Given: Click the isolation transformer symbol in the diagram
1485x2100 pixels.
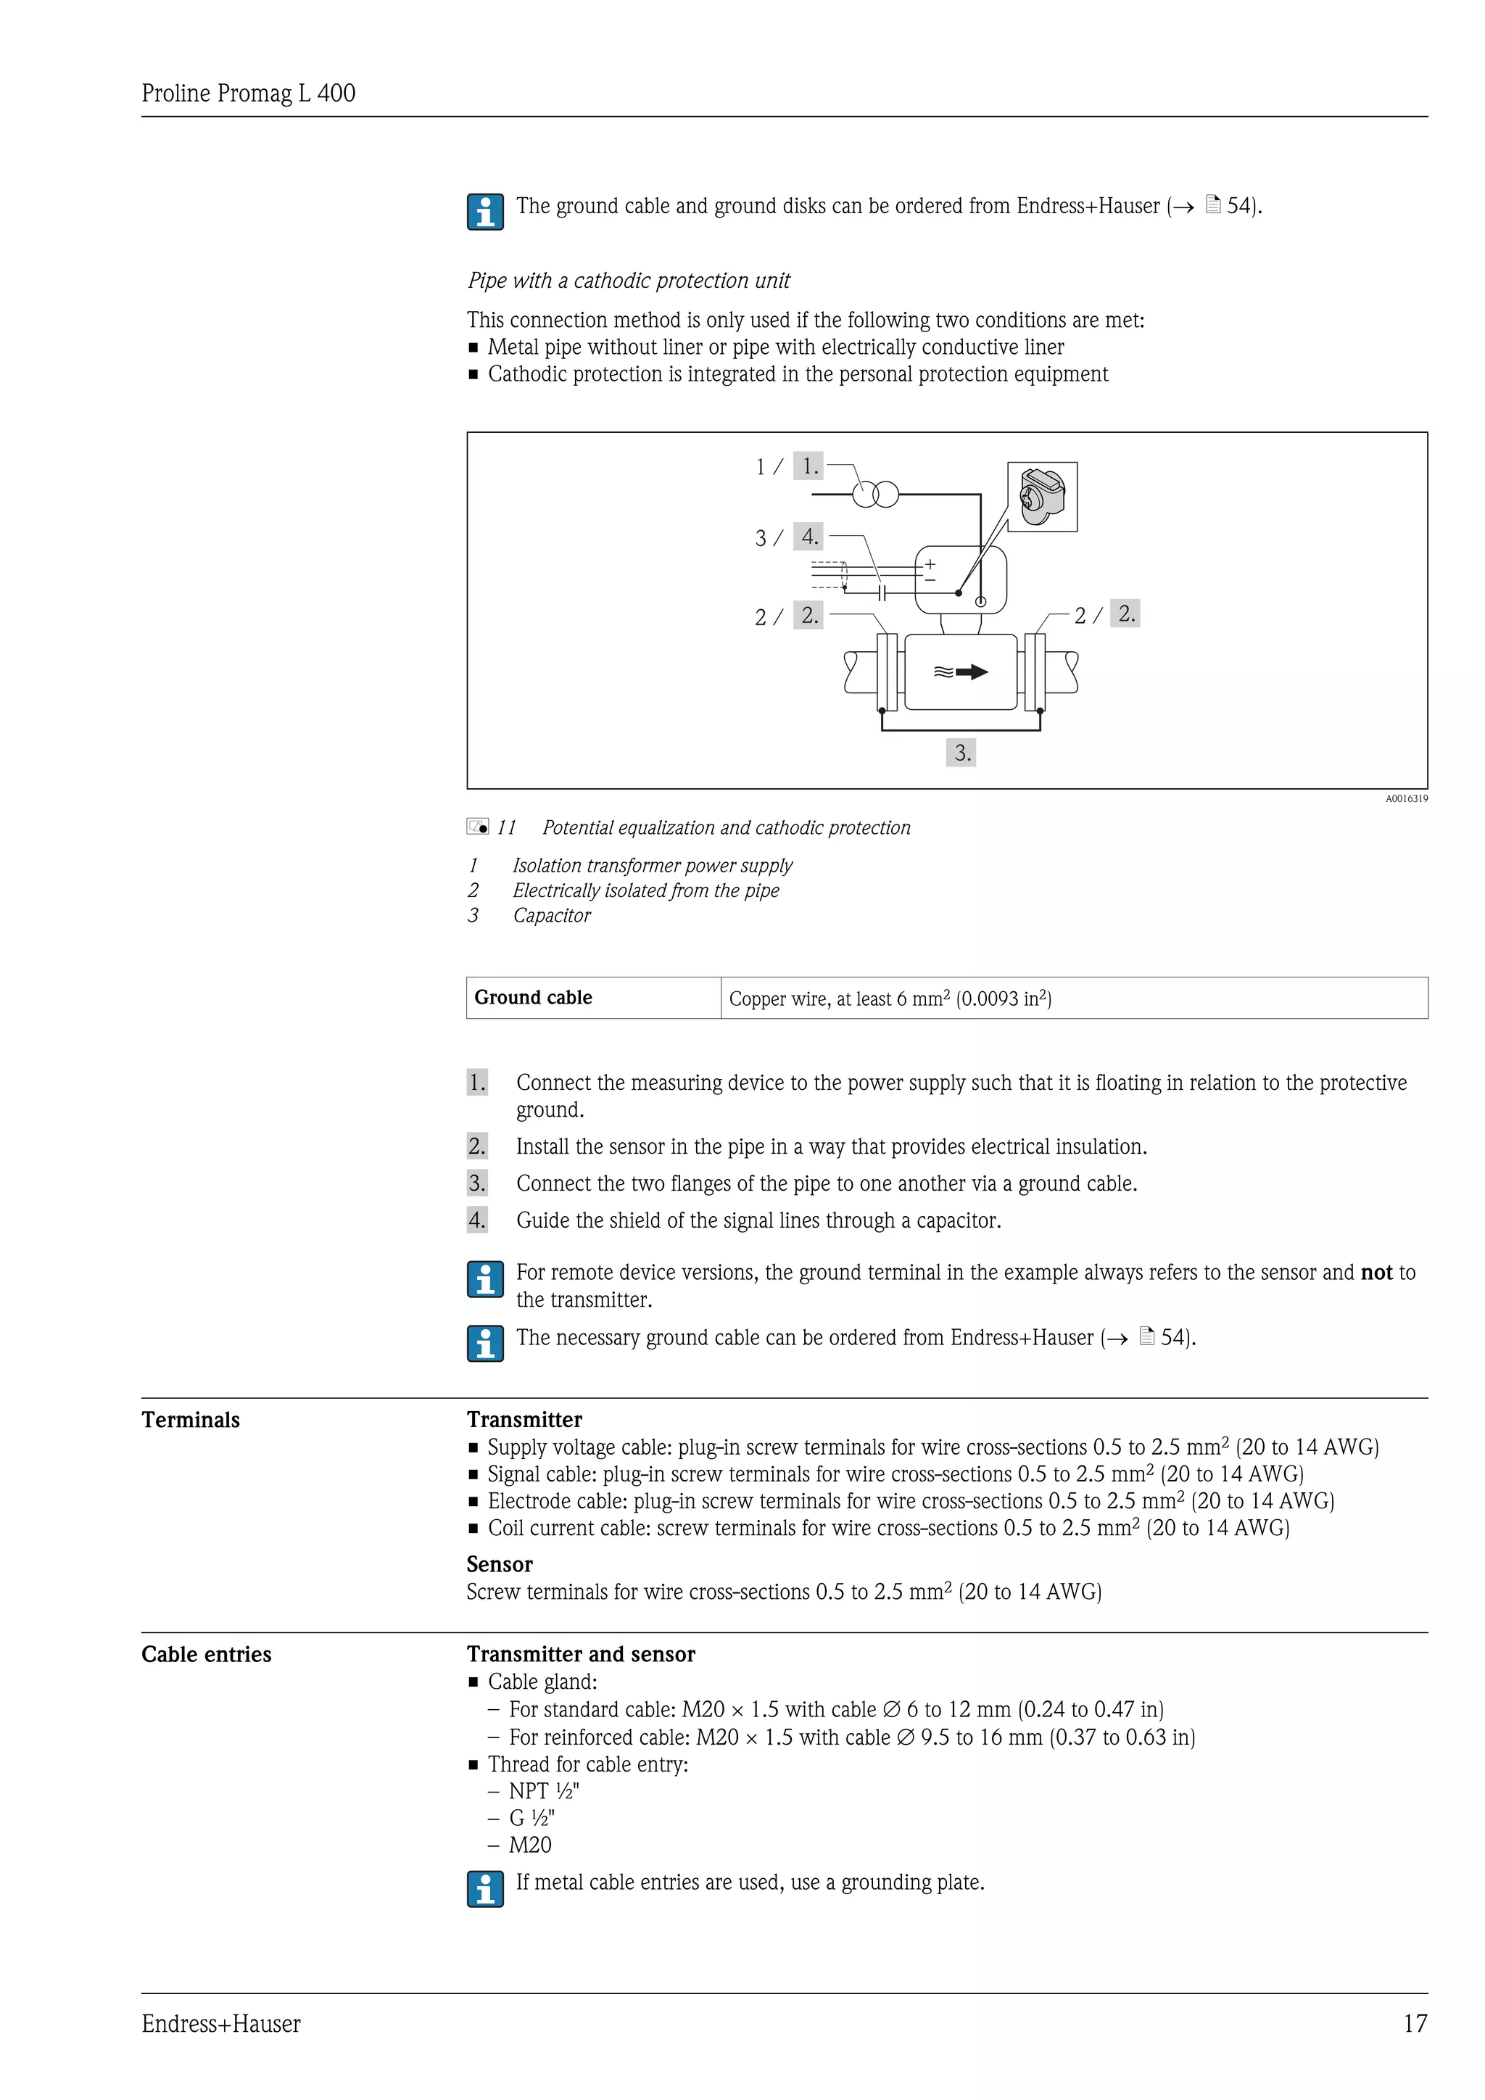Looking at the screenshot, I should [875, 495].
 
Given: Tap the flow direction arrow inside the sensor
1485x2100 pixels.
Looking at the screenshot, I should [961, 672].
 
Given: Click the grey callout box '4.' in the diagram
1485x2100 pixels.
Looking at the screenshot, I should [808, 536].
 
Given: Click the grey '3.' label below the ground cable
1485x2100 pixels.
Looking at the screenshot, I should [961, 752].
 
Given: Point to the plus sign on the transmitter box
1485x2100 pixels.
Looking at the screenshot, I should [930, 564].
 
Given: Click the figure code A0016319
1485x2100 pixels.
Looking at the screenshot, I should [1405, 798].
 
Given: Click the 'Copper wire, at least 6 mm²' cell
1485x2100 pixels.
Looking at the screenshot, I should [890, 998].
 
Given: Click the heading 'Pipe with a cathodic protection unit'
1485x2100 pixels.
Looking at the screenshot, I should [628, 281].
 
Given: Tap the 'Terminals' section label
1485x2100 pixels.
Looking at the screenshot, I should [190, 1420].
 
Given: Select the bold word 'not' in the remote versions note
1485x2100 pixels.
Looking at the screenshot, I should [1376, 1273].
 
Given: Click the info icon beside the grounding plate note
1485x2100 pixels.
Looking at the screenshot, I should [484, 1889].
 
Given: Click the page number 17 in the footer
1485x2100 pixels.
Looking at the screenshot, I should [1415, 2023].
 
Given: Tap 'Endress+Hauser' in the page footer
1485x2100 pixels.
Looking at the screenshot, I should [220, 2023].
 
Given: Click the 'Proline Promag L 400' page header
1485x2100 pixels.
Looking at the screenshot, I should [248, 94].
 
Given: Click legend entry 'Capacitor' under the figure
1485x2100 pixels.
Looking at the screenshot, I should [551, 916].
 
